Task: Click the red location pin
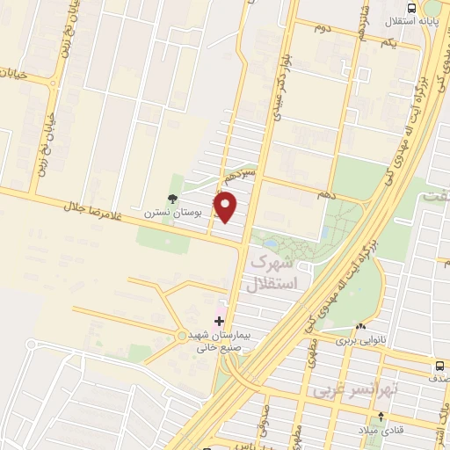[x=228, y=207]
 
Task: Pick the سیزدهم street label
[x=240, y=176]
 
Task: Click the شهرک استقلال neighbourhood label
[x=274, y=272]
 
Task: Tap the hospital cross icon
[x=219, y=321]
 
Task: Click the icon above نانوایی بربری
[x=360, y=329]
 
